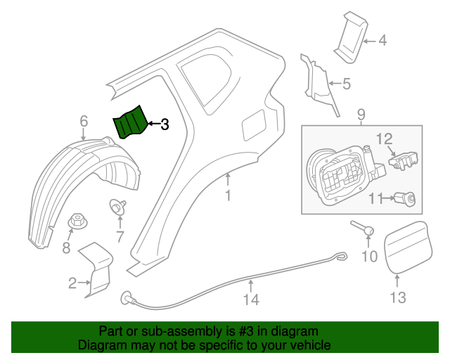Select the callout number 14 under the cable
click(x=251, y=300)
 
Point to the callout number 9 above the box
click(x=361, y=114)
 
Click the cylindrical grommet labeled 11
click(x=407, y=200)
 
